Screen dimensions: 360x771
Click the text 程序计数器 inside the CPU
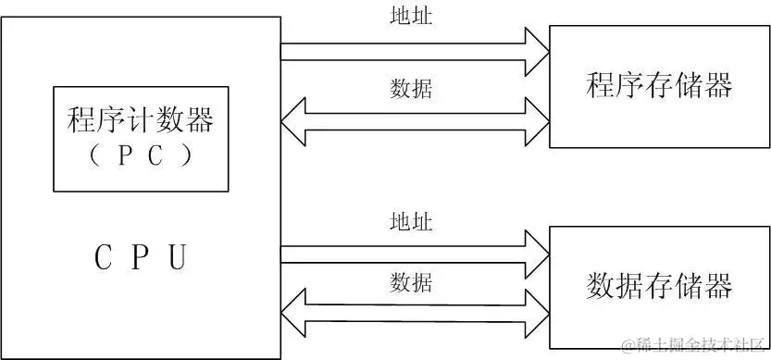click(141, 121)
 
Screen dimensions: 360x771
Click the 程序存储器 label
click(660, 86)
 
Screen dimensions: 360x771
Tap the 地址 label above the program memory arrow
click(411, 16)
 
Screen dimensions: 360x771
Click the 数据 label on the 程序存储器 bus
click(411, 90)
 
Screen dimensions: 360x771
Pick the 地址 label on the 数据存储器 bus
click(411, 222)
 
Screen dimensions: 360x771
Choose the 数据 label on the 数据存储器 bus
click(411, 280)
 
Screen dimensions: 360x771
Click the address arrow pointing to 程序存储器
click(407, 52)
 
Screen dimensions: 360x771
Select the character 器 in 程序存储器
click(718, 86)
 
